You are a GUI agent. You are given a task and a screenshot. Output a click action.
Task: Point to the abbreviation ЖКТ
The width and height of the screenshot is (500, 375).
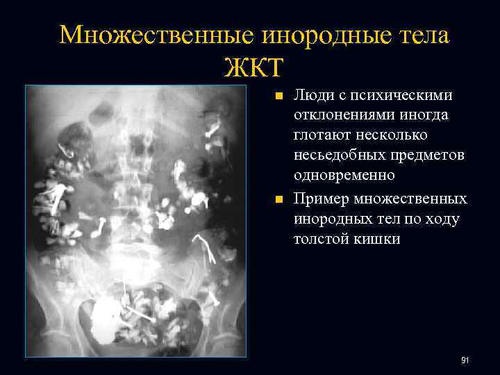tap(254, 67)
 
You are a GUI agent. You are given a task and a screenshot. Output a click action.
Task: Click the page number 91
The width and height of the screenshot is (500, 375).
tap(465, 360)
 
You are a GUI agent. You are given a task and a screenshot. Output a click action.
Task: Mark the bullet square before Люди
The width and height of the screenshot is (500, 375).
tap(278, 96)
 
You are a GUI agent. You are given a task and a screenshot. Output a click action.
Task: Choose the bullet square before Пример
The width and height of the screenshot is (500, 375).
tap(278, 200)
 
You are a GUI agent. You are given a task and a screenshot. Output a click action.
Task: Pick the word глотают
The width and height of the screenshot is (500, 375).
tap(322, 134)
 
